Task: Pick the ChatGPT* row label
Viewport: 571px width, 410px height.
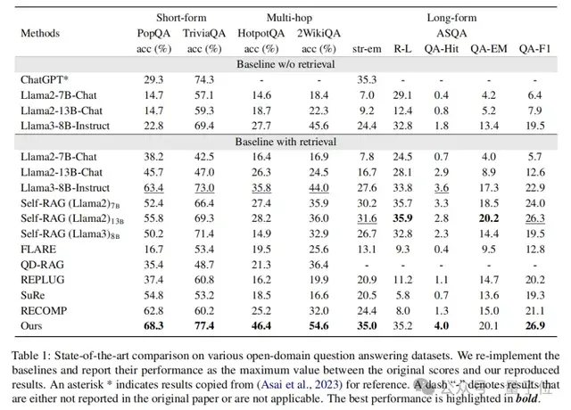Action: [x=46, y=78]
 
